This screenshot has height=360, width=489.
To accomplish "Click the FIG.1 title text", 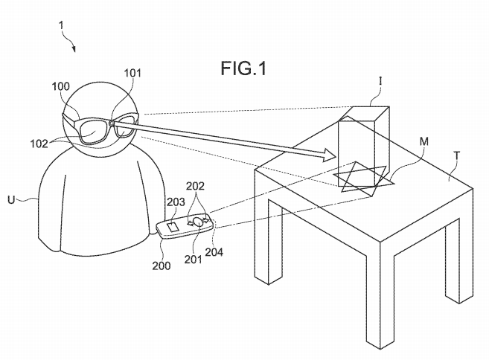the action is click(243, 68).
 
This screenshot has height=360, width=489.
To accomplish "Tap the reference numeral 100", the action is click(61, 86).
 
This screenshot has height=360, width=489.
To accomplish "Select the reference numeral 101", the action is click(132, 73).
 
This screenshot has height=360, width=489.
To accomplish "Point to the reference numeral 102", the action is click(39, 144).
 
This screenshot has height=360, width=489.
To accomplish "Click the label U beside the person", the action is click(12, 199).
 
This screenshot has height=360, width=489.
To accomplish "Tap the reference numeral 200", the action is click(162, 266).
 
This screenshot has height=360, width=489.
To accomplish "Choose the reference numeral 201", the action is click(194, 260).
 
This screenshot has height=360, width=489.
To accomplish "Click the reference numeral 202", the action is click(195, 186).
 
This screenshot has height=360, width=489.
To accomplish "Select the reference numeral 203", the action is click(176, 202).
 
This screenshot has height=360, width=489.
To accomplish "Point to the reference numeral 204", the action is click(214, 251).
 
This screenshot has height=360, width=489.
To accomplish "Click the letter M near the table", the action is click(424, 142).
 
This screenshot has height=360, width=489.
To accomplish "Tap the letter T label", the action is click(457, 155).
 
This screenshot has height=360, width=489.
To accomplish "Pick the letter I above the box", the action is click(380, 81).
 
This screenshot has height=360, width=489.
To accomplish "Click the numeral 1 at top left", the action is click(62, 25).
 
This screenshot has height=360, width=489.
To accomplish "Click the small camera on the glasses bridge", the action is click(112, 123).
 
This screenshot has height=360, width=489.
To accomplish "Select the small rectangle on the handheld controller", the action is click(173, 227).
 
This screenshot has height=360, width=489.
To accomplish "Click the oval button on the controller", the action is click(198, 221).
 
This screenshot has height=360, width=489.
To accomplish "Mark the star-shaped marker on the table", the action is click(364, 176).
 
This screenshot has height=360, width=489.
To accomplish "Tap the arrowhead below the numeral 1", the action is click(74, 48).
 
